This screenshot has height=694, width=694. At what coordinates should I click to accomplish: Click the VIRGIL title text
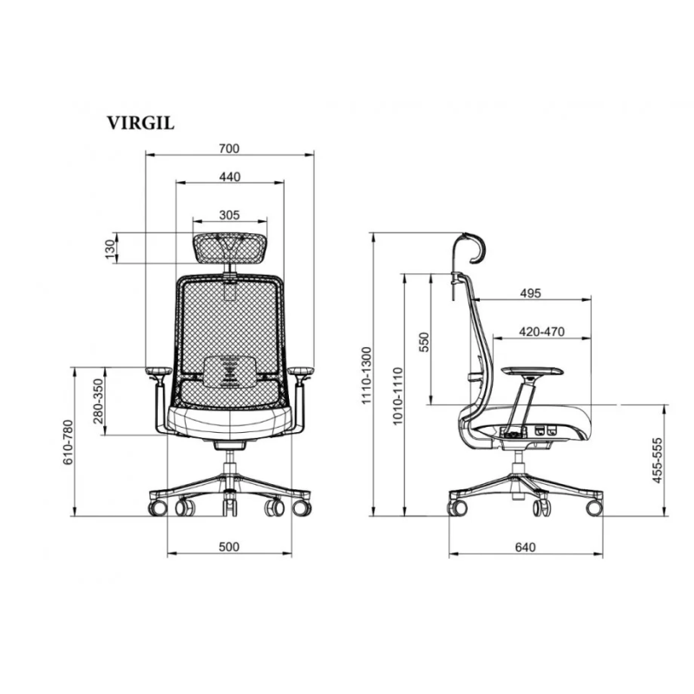tap(141, 122)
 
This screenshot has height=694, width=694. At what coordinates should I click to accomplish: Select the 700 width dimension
tap(229, 148)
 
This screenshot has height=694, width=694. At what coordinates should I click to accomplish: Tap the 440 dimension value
tap(229, 177)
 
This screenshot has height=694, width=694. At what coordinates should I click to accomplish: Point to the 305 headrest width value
tap(229, 214)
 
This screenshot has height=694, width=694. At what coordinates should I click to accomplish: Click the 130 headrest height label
tap(109, 249)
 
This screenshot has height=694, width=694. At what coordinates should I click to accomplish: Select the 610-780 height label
tap(68, 442)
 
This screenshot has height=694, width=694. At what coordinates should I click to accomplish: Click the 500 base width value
tap(229, 547)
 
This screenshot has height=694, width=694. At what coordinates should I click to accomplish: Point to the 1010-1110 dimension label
tap(398, 395)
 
